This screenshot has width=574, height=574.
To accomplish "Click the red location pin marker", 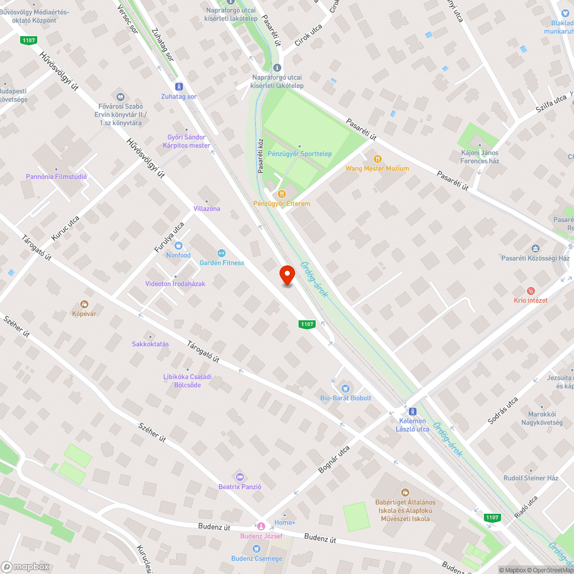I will click(287, 276).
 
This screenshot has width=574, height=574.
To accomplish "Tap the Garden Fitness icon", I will click(221, 253).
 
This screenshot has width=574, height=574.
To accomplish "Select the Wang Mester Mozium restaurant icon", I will click(377, 159).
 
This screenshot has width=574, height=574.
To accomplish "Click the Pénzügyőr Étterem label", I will click(282, 204).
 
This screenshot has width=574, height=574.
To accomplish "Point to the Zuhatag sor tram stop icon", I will click(179, 87).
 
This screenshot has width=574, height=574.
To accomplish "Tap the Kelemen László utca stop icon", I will click(412, 412).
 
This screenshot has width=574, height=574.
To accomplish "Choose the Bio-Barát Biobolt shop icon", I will click(345, 389).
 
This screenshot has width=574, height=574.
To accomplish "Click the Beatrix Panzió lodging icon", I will click(240, 476).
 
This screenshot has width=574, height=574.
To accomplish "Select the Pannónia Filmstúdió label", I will click(56, 177).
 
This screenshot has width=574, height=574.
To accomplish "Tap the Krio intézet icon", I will click(530, 291).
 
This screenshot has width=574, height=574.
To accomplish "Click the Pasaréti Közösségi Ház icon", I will click(536, 249).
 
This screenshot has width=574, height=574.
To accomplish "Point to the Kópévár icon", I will click(84, 304).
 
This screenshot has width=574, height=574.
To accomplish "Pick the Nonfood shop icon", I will click(178, 246).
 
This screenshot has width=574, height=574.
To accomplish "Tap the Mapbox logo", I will click(25, 567).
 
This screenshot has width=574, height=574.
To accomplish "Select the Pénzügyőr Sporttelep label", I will click(300, 154).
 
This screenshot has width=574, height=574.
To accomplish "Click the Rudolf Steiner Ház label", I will click(530, 478).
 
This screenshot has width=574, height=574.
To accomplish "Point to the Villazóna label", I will click(207, 208).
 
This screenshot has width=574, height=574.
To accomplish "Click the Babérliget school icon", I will click(405, 492).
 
